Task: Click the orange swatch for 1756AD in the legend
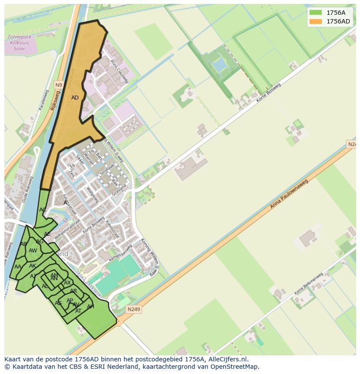316,21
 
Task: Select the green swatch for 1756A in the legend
316,13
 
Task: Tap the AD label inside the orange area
75,98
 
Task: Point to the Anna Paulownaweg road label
289,194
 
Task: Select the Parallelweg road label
43,100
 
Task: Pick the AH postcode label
90,307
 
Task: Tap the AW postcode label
33,251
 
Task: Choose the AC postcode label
43,210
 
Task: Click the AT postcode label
78,311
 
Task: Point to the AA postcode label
18,267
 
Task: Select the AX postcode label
67,283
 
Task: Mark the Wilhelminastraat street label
67,227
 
